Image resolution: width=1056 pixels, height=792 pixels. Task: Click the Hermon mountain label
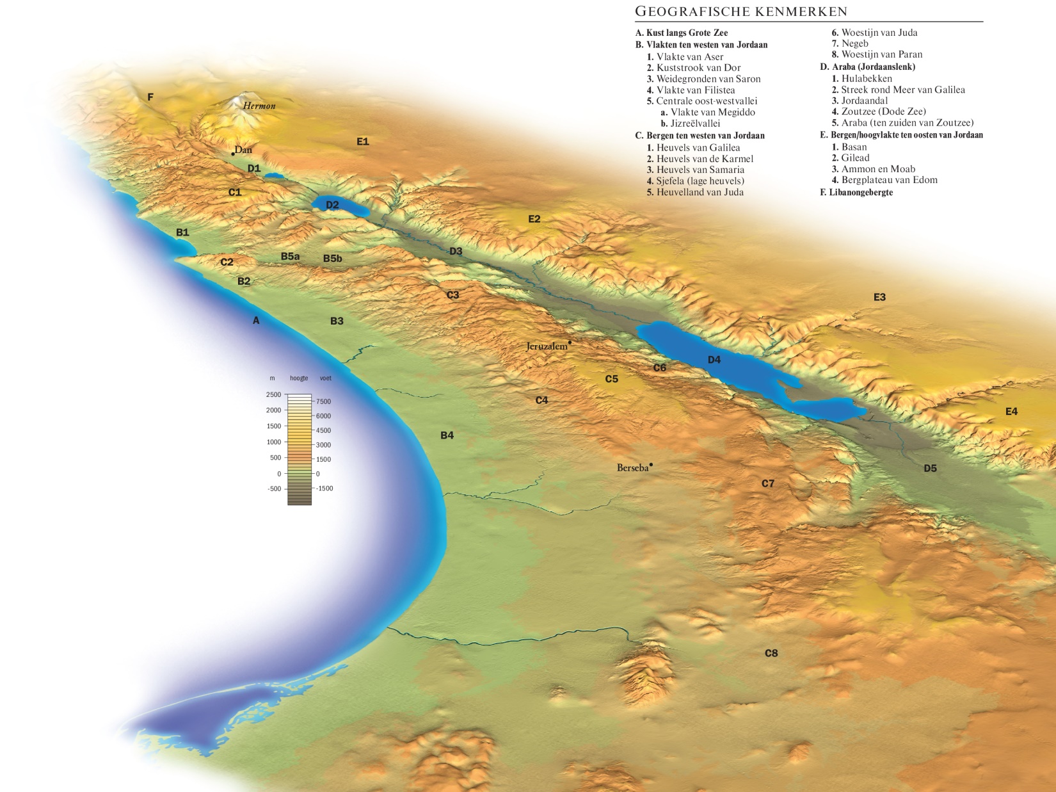259,106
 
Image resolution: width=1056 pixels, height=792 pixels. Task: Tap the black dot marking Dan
233,154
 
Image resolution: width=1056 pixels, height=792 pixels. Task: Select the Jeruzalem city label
547,346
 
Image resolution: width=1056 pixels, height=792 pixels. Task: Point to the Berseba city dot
651,465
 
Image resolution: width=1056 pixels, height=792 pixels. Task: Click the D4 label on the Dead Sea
714,360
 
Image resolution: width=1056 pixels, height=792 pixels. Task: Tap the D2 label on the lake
332,205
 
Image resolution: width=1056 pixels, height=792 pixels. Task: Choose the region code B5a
290,256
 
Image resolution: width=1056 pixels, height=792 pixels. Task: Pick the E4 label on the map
1011,412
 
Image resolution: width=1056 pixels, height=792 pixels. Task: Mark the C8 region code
771,653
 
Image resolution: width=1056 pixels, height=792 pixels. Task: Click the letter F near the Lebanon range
150,97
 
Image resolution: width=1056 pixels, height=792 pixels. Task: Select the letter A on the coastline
256,320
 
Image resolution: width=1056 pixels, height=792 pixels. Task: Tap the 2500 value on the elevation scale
273,394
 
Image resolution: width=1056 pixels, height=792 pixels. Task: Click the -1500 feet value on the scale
324,489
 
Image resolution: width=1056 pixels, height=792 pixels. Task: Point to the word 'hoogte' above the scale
299,378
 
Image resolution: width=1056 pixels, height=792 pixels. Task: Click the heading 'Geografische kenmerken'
740,12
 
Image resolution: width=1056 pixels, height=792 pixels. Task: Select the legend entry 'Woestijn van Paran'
881,54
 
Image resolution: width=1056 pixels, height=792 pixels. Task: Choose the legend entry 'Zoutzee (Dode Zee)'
883,111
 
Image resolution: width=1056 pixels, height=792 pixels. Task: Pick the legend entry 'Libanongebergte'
860,192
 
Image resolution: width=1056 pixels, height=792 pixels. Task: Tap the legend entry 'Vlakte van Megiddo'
712,112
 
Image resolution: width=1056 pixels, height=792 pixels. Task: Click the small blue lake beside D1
275,175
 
